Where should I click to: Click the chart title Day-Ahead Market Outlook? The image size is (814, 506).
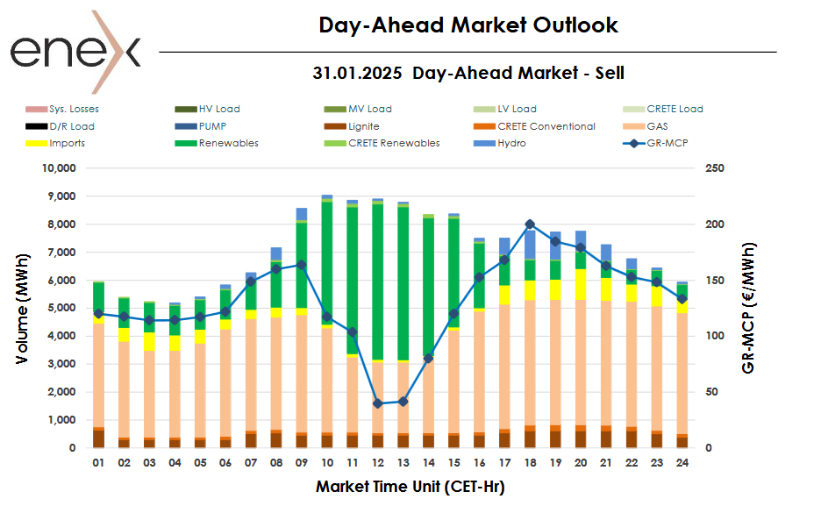pyautogui.click(x=468, y=25)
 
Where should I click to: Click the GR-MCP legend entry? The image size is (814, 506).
pyautogui.click(x=665, y=143)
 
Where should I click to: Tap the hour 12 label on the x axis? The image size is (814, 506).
pyautogui.click(x=378, y=462)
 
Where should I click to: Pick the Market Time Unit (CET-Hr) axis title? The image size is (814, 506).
pyautogui.click(x=410, y=485)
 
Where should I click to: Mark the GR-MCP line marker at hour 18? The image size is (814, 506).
pyautogui.click(x=530, y=224)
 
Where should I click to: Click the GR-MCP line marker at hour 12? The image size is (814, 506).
pyautogui.click(x=378, y=403)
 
